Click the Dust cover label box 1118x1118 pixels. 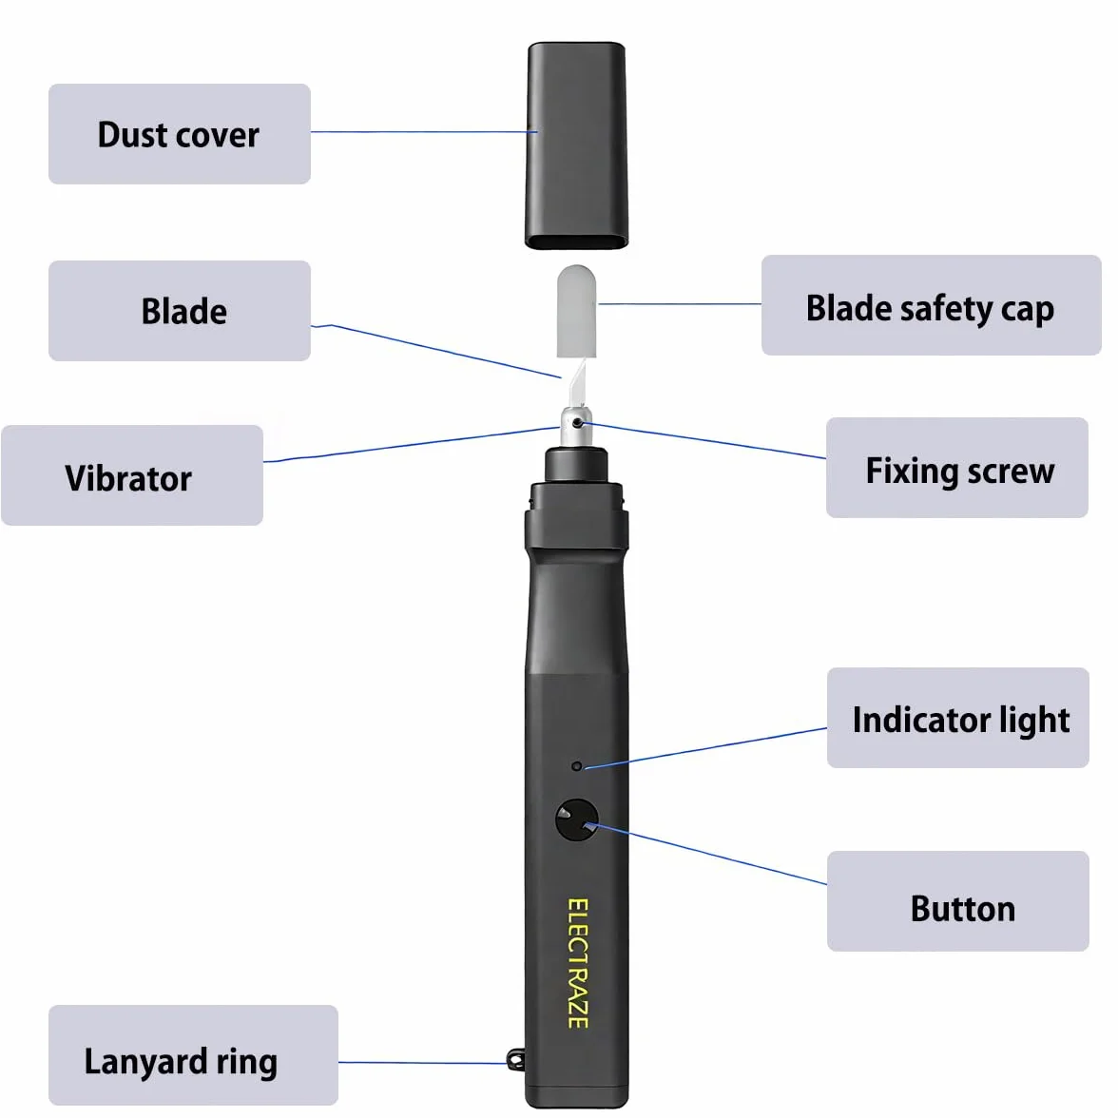click(x=180, y=134)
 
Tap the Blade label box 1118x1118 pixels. click(x=180, y=311)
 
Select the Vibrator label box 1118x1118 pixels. click(x=132, y=475)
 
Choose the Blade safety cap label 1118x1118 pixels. click(x=932, y=305)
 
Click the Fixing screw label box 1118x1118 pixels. click(x=956, y=468)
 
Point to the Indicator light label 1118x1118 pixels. click(x=958, y=718)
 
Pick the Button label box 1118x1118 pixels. click(x=958, y=901)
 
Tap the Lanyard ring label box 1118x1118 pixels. click(x=193, y=1055)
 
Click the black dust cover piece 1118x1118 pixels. click(x=577, y=145)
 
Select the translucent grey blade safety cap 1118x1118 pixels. click(x=576, y=312)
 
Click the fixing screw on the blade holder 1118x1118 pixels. click(x=578, y=424)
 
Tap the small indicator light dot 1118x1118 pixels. click(x=577, y=766)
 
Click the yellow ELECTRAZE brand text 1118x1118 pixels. click(x=578, y=963)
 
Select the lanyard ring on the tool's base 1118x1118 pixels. click(x=516, y=1060)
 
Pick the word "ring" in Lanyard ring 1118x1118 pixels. click(x=247, y=1063)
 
